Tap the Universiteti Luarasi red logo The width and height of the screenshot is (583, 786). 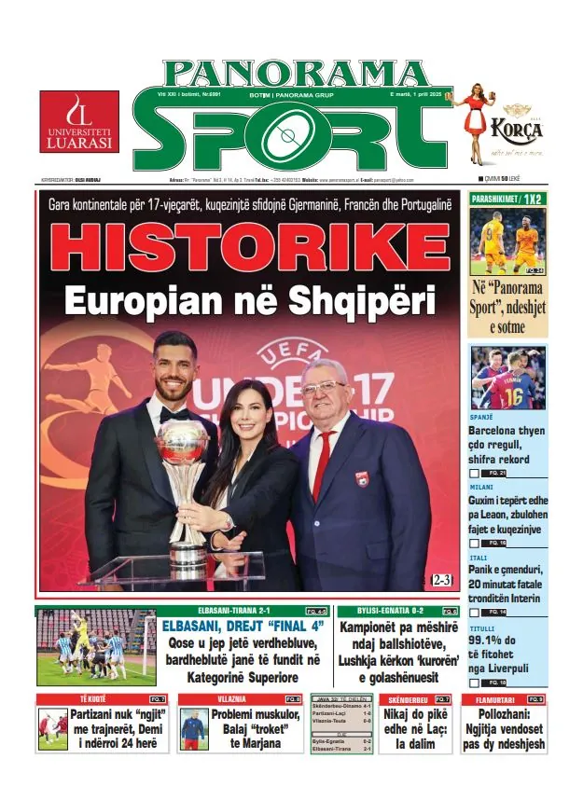pyautogui.click(x=79, y=122)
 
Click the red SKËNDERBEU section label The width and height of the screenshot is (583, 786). pyautogui.click(x=407, y=698)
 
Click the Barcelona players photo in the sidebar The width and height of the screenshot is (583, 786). pyautogui.click(x=507, y=379)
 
